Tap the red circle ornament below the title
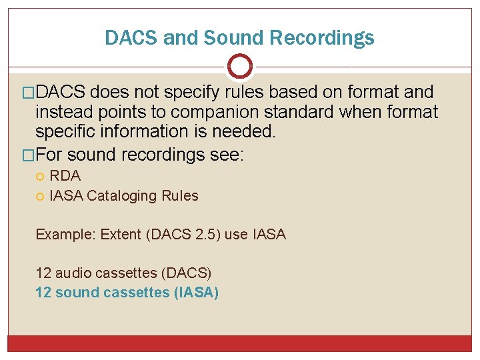(x=240, y=67)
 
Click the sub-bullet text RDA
(x=65, y=176)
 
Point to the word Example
(x=61, y=234)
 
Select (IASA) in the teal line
(x=196, y=292)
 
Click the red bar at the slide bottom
(x=240, y=343)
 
